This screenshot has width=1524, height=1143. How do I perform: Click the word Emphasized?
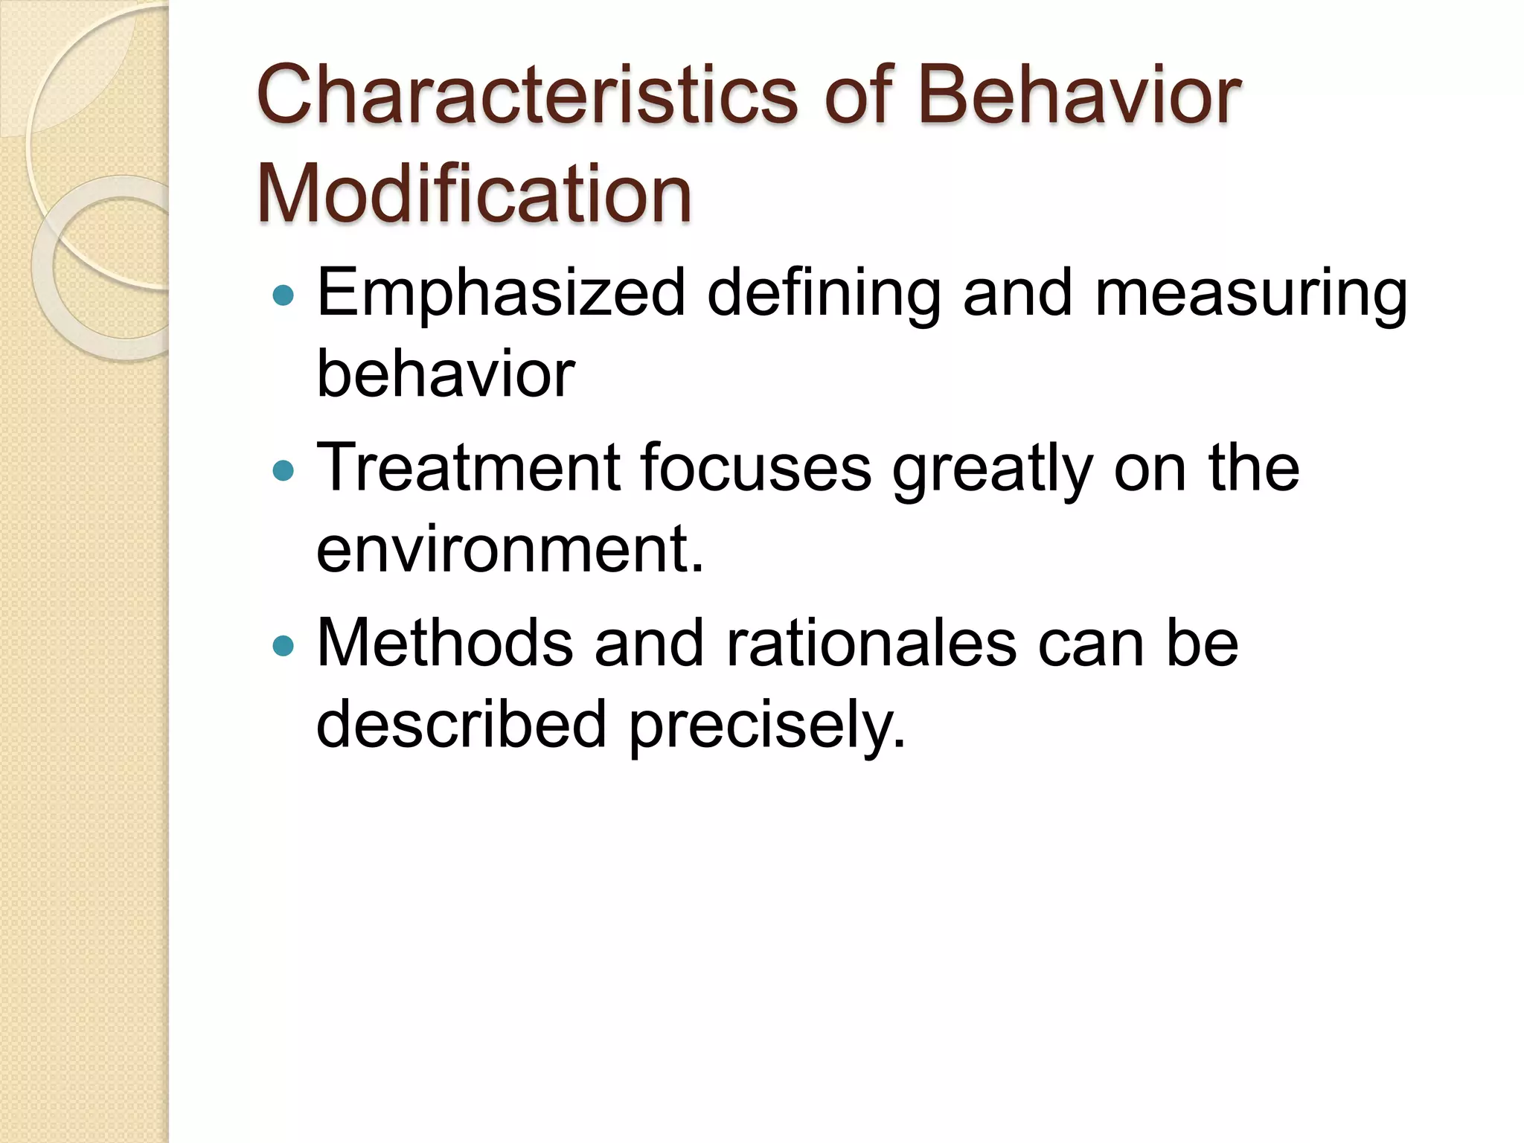click(501, 294)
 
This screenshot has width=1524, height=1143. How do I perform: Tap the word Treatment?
click(468, 468)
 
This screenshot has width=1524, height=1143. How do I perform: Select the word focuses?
click(755, 468)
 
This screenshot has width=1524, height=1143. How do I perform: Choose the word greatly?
click(993, 470)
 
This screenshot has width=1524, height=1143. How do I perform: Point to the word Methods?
click(445, 643)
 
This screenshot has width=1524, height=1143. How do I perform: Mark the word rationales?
click(871, 643)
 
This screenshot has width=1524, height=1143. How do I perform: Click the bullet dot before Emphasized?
click(284, 296)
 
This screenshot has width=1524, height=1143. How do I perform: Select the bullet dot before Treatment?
click(284, 470)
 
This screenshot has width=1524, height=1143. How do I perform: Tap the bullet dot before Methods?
click(284, 645)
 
